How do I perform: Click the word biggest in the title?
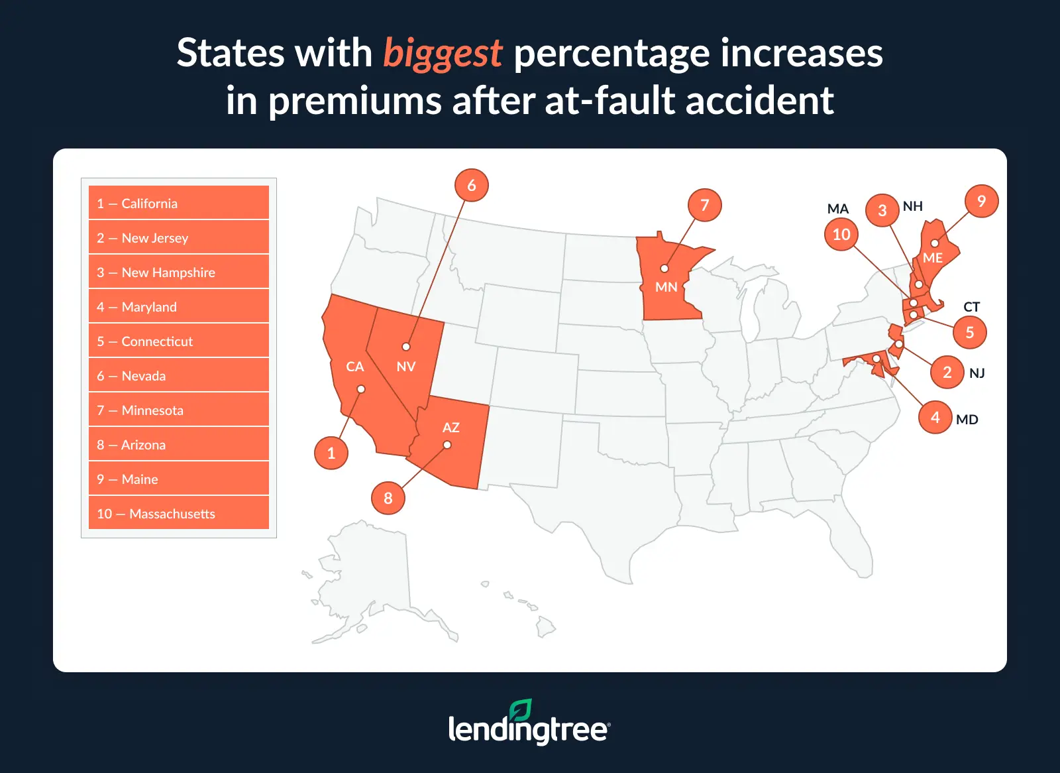click(443, 54)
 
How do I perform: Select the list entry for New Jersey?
click(179, 238)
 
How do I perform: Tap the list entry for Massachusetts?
click(179, 514)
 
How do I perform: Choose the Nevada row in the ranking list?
click(179, 376)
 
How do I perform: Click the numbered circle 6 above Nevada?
click(471, 185)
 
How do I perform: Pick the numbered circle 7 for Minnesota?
click(704, 205)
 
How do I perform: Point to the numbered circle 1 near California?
click(331, 453)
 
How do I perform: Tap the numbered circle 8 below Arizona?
click(388, 498)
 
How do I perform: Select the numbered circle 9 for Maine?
click(981, 201)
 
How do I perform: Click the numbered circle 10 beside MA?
click(841, 234)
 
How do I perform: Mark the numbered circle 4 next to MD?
click(935, 417)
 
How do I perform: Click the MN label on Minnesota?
click(666, 287)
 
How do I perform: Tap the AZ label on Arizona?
click(450, 428)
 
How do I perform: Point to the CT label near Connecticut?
click(971, 307)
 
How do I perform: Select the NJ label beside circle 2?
click(977, 373)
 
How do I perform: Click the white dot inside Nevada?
click(406, 347)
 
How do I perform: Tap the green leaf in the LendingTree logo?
click(520, 710)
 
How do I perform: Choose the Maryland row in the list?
click(179, 307)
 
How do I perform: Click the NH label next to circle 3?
click(912, 206)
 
